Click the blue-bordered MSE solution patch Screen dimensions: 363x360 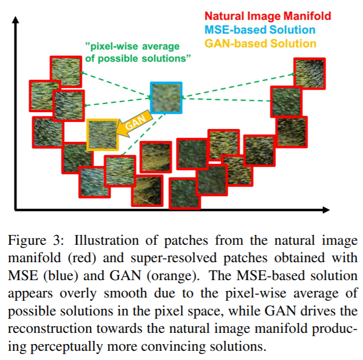coord(166,98)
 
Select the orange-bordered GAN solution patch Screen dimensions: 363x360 coord(102,135)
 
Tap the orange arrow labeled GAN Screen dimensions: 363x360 coord(135,123)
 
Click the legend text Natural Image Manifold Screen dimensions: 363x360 coord(268,16)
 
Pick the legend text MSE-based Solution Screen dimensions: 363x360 coord(260,30)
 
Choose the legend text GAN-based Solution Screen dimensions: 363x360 coord(261,44)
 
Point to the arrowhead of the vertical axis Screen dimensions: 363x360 coord(15,19)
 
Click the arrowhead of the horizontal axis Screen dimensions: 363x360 coord(326,210)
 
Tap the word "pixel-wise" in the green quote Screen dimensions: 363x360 coord(114,46)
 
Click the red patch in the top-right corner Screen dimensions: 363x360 coord(310,74)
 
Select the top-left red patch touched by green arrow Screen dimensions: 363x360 coord(66,72)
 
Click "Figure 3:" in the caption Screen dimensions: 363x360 coord(36,240)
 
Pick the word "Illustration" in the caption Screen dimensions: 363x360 coord(106,240)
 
